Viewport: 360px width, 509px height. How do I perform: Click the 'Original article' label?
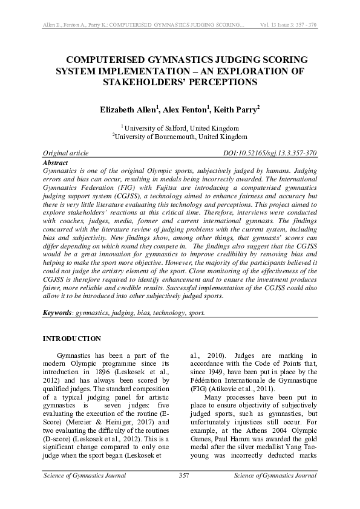66,154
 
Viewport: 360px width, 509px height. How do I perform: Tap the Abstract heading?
56,163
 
